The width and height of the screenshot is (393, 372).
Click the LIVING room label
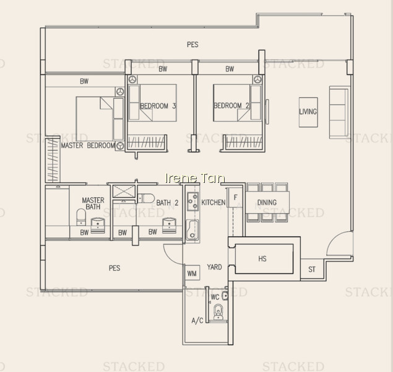click(308, 112)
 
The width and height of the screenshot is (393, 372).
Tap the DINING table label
click(267, 202)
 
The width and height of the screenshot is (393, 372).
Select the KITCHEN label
click(214, 202)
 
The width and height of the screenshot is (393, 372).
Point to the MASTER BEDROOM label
click(88, 145)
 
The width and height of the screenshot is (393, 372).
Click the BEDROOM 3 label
click(158, 105)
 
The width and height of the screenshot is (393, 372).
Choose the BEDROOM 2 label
click(231, 105)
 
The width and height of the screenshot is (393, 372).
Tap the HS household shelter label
click(262, 259)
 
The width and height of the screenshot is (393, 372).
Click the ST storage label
click(312, 269)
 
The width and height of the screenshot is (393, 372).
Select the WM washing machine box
click(192, 273)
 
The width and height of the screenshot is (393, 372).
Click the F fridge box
click(235, 198)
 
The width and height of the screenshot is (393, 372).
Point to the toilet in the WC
click(218, 312)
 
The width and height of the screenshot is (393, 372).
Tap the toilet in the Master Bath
click(81, 217)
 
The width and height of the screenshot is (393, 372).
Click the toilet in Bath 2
click(146, 198)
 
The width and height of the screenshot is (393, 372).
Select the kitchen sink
click(192, 229)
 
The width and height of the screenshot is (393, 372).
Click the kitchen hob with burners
click(192, 201)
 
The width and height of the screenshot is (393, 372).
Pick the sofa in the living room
click(339, 112)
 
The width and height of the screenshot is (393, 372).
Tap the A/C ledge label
click(197, 321)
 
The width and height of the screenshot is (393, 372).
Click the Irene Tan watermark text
click(195, 178)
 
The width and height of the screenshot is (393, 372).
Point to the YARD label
click(214, 267)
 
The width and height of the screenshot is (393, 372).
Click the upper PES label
click(192, 45)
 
